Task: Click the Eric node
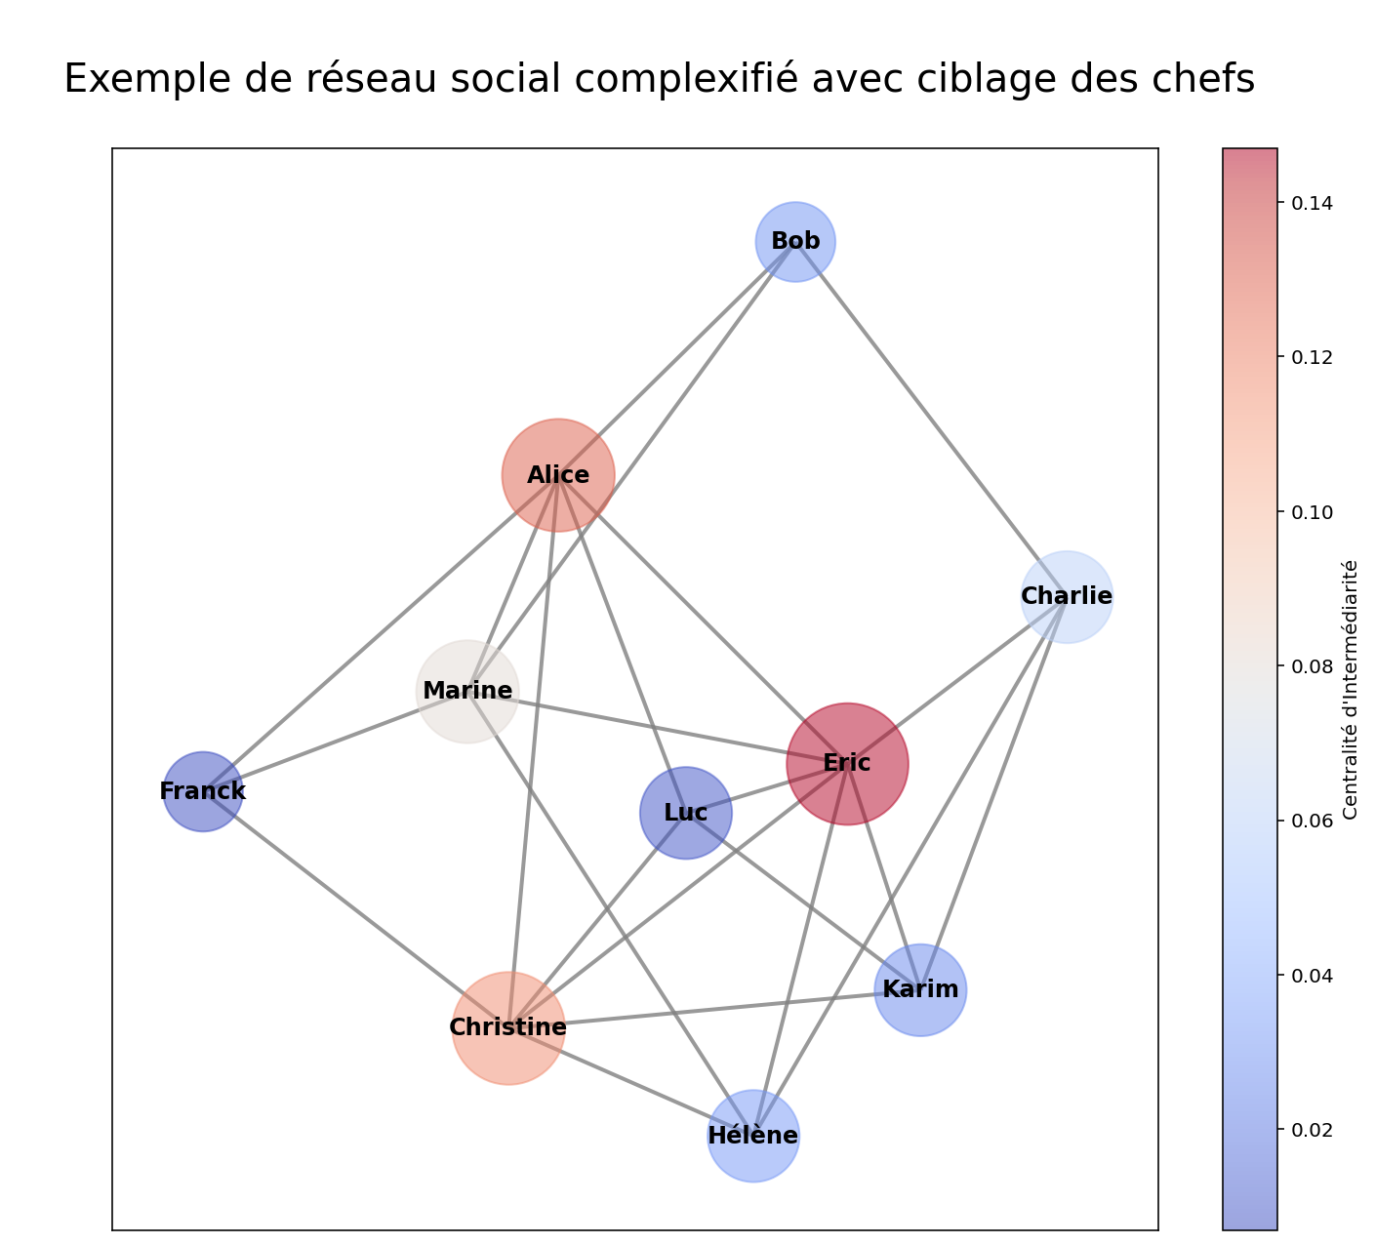[x=847, y=764]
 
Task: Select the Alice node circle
[x=558, y=475]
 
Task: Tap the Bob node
[x=795, y=241]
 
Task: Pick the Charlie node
[x=1067, y=596]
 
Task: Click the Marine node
[x=467, y=691]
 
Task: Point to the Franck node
[x=202, y=791]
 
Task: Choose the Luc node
[x=685, y=813]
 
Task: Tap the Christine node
[x=508, y=1027]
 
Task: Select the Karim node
[x=920, y=990]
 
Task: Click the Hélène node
[x=753, y=1136]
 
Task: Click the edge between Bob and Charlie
[x=931, y=419]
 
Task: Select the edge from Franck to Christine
[x=355, y=909]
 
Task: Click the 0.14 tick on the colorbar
[x=1312, y=203]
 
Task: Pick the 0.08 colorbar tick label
[x=1312, y=666]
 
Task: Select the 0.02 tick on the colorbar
[x=1312, y=1130]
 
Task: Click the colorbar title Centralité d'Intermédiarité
[x=1351, y=689]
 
